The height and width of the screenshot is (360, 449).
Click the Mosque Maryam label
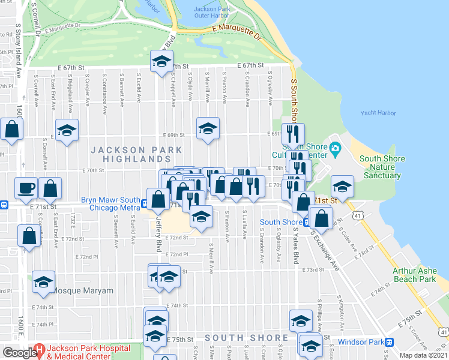pos(82,290)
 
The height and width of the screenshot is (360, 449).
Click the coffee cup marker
pos(26,188)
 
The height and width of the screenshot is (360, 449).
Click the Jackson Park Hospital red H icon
pos(40,349)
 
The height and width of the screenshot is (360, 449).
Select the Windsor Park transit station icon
pos(390,342)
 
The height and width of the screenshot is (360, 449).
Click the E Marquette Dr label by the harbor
pos(238,32)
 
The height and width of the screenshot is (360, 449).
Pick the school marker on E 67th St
pos(161,61)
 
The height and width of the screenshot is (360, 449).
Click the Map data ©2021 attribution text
pos(423,355)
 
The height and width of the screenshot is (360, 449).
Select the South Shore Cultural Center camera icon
pos(336,148)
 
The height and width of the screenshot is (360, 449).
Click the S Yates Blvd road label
pos(295,245)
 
